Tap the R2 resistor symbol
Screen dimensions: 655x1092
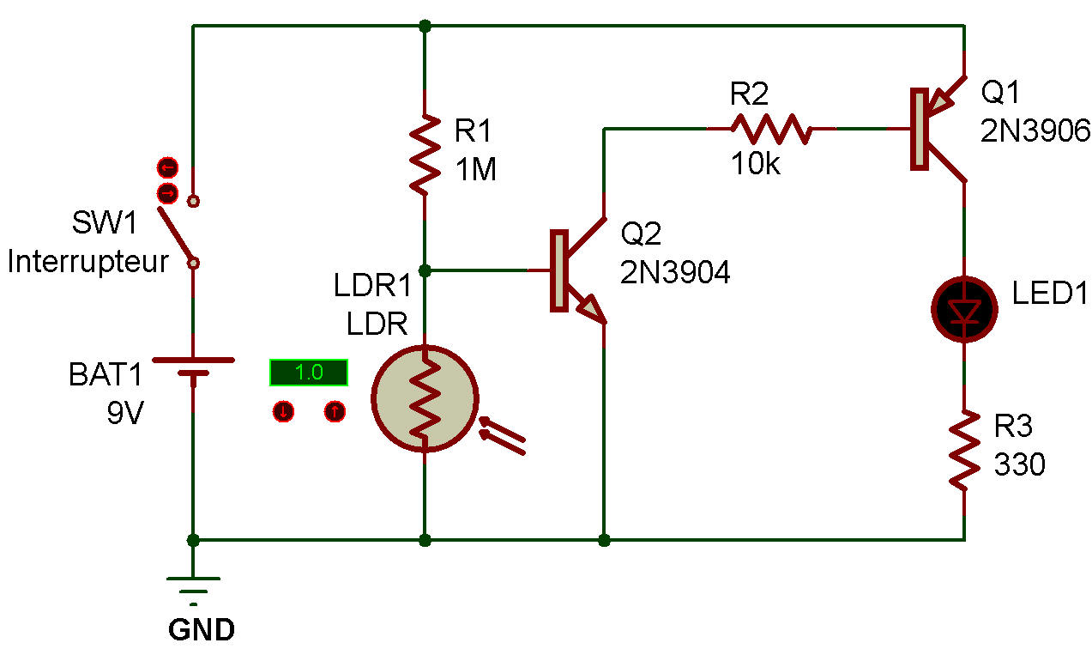click(x=770, y=129)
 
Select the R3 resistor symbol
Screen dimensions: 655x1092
click(x=964, y=450)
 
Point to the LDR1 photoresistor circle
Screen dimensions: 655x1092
click(x=425, y=397)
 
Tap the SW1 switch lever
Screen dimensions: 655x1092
click(x=177, y=232)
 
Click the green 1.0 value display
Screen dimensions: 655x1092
click(x=308, y=373)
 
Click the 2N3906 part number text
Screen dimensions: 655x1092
click(x=1035, y=130)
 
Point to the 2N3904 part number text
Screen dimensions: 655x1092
click(x=675, y=272)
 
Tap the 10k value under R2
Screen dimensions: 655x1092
click(x=755, y=164)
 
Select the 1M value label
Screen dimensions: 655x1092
click(x=476, y=170)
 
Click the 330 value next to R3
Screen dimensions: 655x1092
click(x=1019, y=464)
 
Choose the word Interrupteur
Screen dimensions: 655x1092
click(x=87, y=262)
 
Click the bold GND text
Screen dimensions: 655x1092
click(x=202, y=630)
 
